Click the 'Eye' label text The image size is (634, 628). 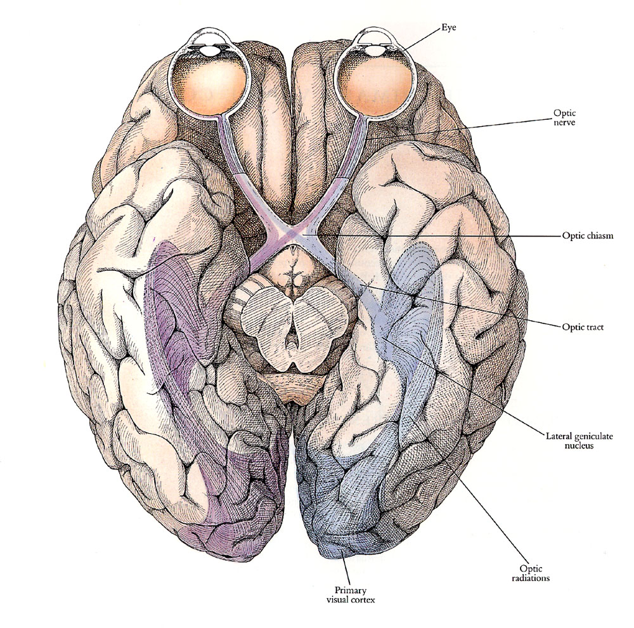tap(448, 29)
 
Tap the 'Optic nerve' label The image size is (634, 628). tap(564, 117)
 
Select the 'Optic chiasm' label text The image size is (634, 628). tap(588, 235)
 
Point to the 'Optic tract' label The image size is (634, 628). tap(583, 327)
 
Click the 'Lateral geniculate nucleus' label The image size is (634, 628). tap(579, 441)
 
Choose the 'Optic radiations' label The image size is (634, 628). tap(531, 573)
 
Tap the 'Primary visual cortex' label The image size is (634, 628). tap(351, 595)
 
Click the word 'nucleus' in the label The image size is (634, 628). tap(579, 445)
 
